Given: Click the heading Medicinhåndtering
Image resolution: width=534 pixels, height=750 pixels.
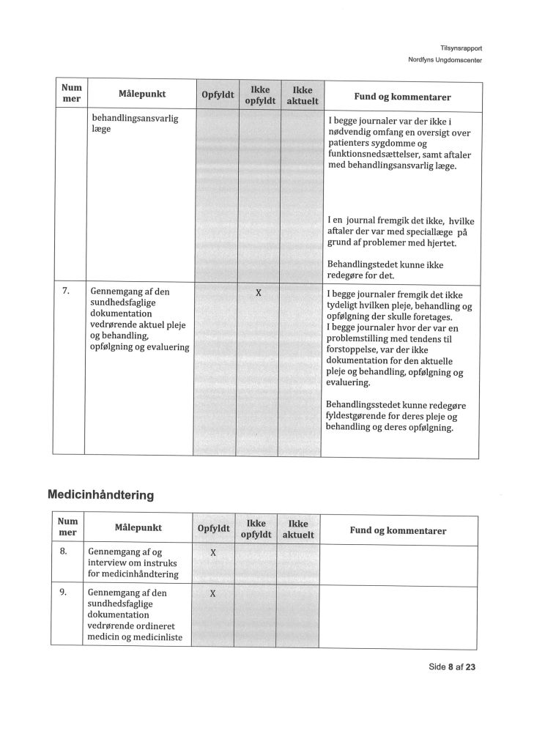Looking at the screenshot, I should click(x=100, y=495).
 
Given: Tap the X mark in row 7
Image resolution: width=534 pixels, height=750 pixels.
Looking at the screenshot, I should click(x=258, y=293).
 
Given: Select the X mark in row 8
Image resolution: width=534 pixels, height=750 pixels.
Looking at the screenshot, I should click(x=212, y=552).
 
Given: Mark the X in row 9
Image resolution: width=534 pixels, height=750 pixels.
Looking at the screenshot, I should click(x=212, y=593).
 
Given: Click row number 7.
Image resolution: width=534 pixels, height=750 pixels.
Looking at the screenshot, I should click(x=66, y=290).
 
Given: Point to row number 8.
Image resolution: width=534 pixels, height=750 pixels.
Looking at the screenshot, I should click(x=64, y=551).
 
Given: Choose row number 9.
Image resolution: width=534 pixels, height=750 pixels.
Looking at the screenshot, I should click(x=64, y=592).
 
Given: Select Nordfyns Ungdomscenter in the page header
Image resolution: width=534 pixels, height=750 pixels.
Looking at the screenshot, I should click(x=445, y=60).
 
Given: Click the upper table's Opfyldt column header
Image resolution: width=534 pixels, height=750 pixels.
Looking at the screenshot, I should click(x=217, y=96).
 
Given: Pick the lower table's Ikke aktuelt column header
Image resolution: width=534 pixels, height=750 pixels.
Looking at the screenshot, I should click(x=297, y=530).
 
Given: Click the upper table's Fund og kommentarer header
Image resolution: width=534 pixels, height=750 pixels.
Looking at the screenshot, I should click(x=402, y=97).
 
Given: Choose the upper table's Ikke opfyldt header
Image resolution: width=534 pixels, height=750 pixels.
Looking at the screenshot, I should click(x=260, y=95).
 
